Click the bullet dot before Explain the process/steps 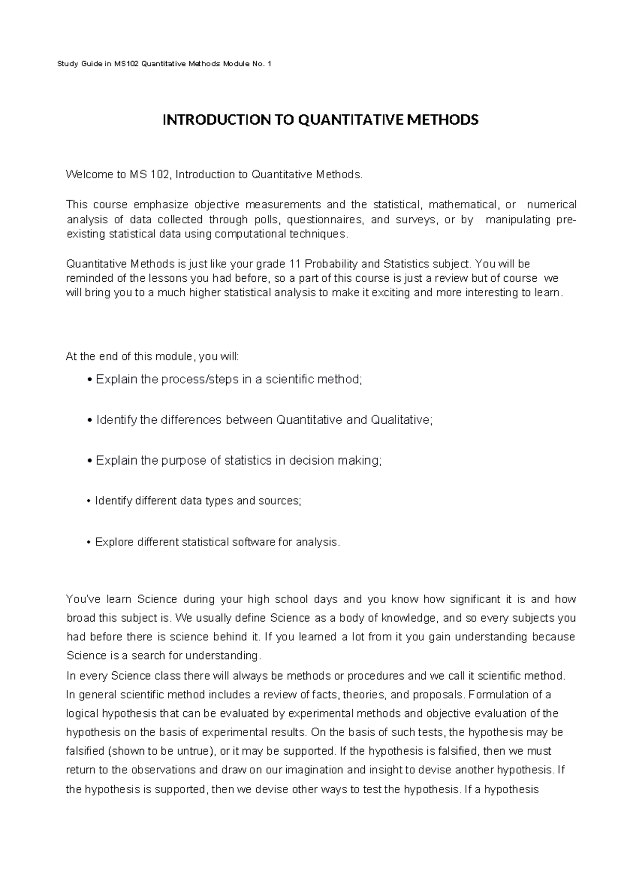pos(91,380)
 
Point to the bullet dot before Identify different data pos(90,501)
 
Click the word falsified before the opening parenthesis pos(80,751)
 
